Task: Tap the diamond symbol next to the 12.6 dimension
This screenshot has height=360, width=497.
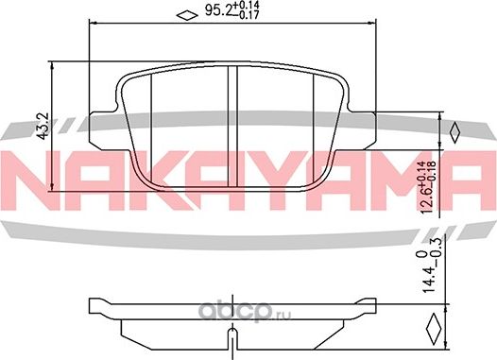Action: [454, 130]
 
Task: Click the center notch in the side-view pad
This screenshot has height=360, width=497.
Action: [231, 335]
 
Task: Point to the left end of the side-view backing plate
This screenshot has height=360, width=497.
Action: [93, 308]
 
